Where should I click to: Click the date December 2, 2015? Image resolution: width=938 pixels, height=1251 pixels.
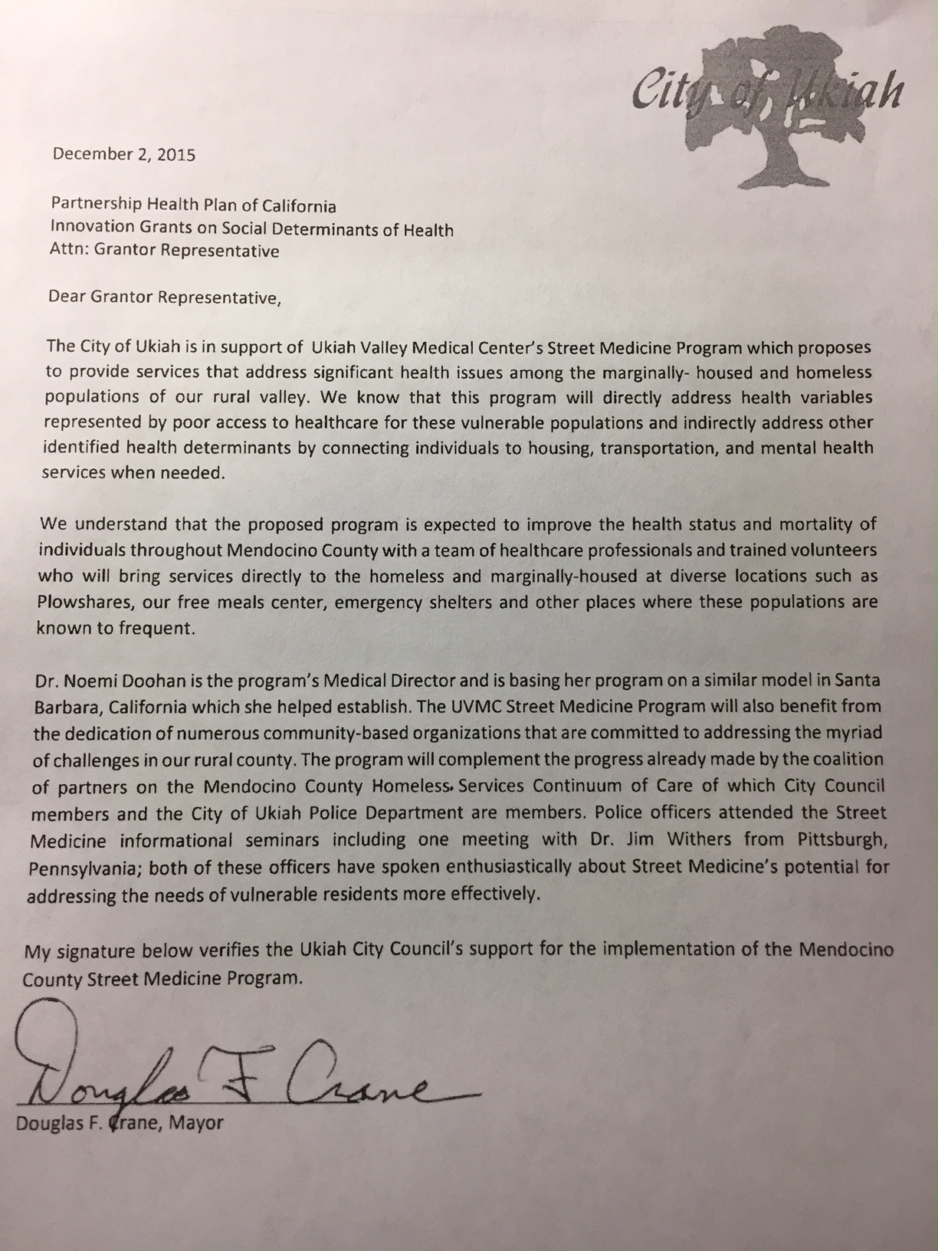click(x=123, y=154)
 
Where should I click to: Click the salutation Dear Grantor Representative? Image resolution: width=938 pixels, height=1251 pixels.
click(x=164, y=297)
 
